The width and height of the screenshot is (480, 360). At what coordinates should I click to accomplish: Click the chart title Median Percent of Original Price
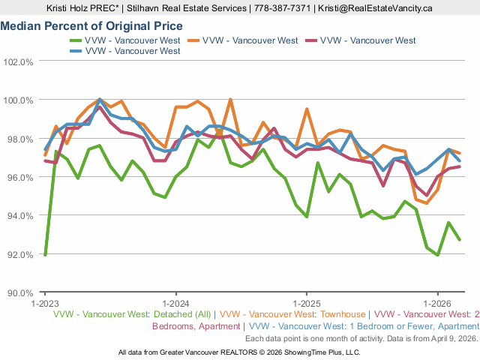(x=91, y=25)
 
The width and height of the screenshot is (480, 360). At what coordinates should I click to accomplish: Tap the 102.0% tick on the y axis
(x=18, y=61)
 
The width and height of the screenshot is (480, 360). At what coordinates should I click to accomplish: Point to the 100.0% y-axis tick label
(x=18, y=100)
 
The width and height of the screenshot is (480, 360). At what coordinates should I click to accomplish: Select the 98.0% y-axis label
(x=18, y=139)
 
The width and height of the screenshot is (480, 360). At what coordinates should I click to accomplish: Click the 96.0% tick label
(x=18, y=177)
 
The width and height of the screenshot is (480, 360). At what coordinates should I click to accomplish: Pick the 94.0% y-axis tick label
(x=18, y=215)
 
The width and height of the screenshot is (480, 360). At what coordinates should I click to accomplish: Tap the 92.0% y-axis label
(x=18, y=254)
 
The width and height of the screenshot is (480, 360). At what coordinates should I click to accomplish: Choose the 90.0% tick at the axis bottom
(x=18, y=292)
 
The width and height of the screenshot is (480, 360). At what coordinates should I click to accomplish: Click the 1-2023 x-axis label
(x=44, y=304)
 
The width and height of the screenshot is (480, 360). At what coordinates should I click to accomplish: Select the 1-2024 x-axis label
(x=175, y=304)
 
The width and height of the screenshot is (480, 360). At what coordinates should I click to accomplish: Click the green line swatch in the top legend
(x=75, y=40)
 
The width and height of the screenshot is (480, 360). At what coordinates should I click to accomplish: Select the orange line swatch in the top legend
(x=192, y=40)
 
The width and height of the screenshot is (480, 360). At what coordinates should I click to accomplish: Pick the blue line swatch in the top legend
(x=75, y=51)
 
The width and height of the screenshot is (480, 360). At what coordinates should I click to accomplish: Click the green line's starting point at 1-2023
(x=45, y=255)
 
